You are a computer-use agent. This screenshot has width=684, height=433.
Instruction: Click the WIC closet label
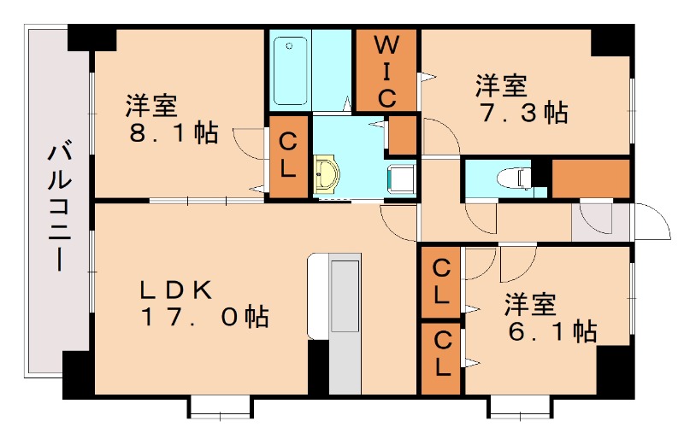386,70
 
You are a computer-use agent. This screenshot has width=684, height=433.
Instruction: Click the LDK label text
176,290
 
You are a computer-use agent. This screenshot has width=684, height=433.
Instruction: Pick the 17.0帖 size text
205,317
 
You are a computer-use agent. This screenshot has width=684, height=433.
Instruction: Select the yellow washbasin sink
327,174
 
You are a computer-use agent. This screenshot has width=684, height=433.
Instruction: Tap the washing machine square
402,178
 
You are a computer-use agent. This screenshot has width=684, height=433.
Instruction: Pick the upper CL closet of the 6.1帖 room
441,282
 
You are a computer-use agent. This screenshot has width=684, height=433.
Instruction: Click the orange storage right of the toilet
590,178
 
